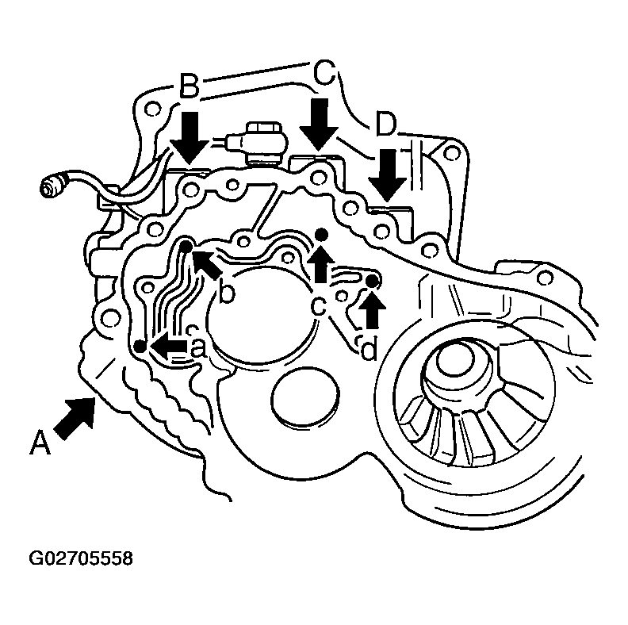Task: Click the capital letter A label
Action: tap(40, 443)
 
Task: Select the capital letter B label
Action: tap(190, 86)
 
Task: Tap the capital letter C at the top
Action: tap(324, 73)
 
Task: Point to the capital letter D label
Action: tap(385, 125)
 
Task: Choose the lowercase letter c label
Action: tap(320, 306)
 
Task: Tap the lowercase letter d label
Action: tap(369, 347)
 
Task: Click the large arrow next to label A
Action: tap(75, 416)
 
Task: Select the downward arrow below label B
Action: tap(190, 138)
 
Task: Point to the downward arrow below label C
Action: tap(319, 125)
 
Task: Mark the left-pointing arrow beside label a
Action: tap(168, 346)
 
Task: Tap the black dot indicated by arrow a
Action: tap(140, 346)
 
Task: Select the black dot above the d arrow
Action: tap(372, 282)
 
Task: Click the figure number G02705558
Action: tap(81, 558)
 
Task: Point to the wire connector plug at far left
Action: tap(53, 186)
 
